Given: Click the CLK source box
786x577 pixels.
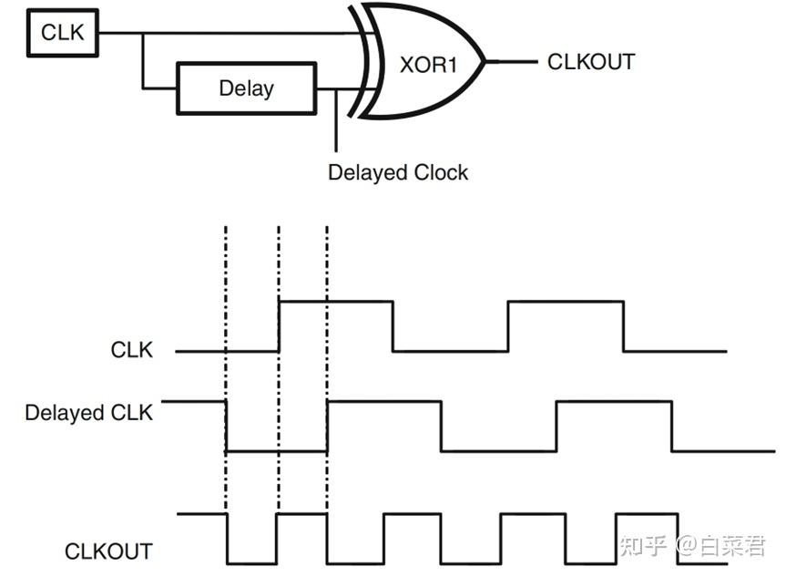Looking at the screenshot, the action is [63, 33].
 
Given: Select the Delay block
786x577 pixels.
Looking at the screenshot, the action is [247, 88].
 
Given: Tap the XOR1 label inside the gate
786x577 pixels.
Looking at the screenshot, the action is [429, 65].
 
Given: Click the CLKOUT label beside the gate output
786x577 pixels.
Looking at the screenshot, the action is [591, 62].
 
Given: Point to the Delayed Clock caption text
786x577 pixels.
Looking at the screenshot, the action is [398, 172].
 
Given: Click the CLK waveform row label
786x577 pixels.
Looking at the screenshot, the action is [132, 350].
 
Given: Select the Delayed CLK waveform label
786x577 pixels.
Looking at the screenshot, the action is [88, 412].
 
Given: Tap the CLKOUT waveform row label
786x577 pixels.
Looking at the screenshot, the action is [108, 551].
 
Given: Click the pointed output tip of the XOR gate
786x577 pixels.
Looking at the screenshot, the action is [485, 62].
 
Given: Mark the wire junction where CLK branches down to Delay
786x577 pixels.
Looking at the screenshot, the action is [143, 33].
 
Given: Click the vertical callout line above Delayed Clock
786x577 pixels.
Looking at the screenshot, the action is [336, 120].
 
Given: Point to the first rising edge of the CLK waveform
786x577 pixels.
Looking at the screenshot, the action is [280, 326].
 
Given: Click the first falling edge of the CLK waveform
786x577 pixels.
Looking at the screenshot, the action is [393, 326].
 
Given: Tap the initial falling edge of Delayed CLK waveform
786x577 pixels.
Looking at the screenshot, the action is [226, 427].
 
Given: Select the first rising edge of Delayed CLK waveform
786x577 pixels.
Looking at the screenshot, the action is [327, 427].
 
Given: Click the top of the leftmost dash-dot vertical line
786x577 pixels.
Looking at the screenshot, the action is [226, 227].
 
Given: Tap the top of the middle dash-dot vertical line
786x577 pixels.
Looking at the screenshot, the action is [280, 227].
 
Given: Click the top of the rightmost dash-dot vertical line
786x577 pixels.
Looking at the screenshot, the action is [327, 227].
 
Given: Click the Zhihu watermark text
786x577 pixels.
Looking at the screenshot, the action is [693, 546].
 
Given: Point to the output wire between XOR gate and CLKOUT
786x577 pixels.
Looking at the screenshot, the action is [511, 62].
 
